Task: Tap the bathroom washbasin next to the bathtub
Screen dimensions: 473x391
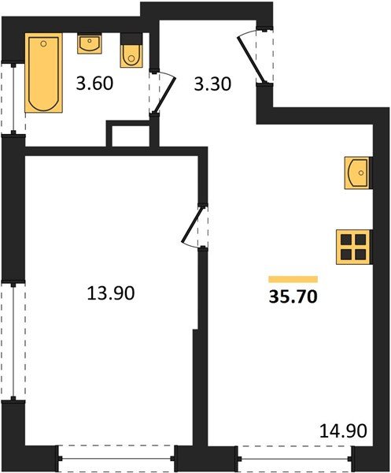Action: tap(90, 43)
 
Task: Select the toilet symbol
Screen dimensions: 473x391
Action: tap(130, 53)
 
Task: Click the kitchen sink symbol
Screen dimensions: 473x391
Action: tap(356, 172)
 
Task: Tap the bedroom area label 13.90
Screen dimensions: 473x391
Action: tap(111, 293)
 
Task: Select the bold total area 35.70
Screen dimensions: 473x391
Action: tap(293, 299)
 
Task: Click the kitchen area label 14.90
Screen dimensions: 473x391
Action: tap(343, 432)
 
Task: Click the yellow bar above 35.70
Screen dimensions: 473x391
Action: tap(293, 279)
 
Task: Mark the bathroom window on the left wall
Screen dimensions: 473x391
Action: tap(13, 98)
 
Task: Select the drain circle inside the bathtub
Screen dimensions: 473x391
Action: tap(42, 43)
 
